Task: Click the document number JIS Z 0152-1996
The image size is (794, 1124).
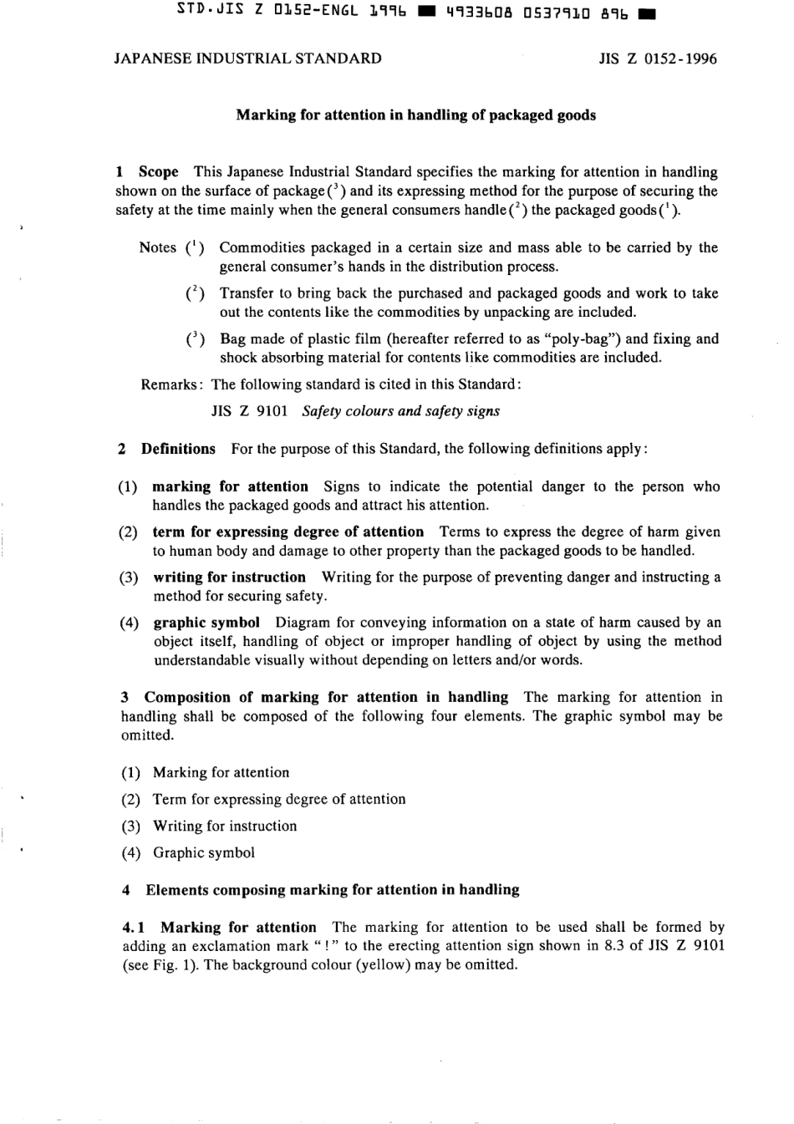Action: tap(658, 58)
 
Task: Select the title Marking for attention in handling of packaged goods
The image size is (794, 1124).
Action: tap(415, 115)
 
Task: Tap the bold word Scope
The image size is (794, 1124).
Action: tap(158, 172)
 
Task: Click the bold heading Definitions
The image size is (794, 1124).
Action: tap(178, 449)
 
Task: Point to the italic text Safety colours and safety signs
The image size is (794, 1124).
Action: tap(400, 411)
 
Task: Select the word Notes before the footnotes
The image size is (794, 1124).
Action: tap(157, 247)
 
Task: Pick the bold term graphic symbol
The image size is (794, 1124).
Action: tap(206, 623)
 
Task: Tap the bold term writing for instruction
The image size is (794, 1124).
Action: tap(229, 577)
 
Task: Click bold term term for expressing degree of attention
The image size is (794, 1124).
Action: tap(288, 531)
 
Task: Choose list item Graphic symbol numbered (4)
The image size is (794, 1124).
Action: tap(203, 852)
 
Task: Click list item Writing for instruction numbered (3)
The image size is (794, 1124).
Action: tap(224, 826)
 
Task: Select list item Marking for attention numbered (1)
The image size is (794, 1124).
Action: tap(221, 772)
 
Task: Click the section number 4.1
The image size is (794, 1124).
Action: tap(134, 927)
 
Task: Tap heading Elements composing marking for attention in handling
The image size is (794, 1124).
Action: tap(332, 890)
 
